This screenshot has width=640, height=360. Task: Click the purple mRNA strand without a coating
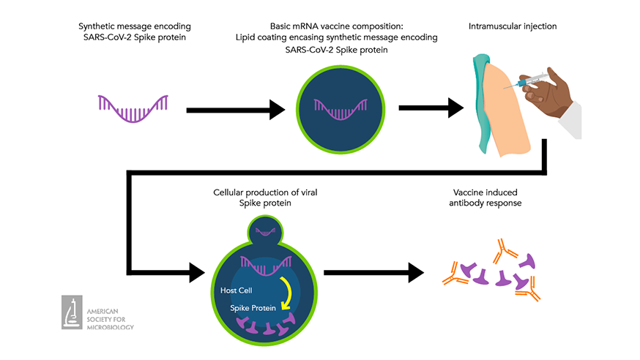pyautogui.click(x=133, y=108)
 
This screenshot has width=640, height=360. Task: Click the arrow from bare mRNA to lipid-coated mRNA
pyautogui.click(x=234, y=110)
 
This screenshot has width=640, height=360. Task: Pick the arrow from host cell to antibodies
pyautogui.click(x=373, y=272)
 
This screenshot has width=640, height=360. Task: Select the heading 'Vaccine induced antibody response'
pyautogui.click(x=487, y=198)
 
